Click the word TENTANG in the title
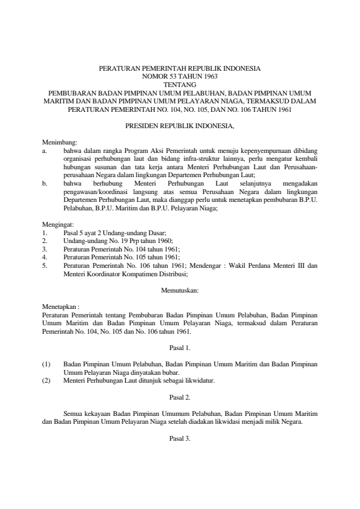179,85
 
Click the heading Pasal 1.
180,349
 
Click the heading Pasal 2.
180,397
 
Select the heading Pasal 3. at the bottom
180,438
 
